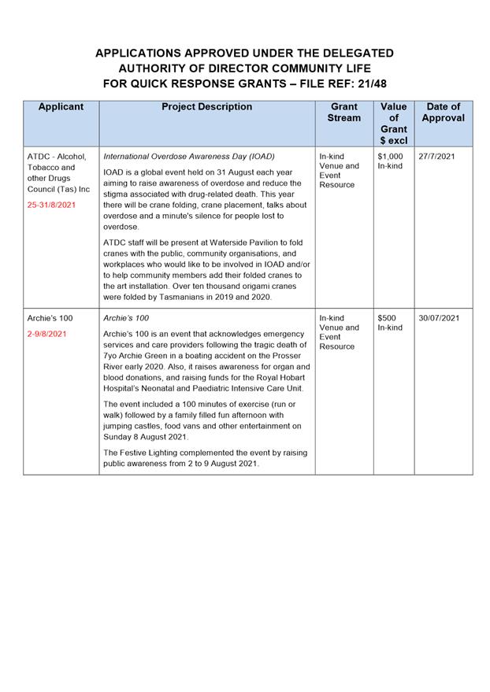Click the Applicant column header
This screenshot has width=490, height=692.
(61, 107)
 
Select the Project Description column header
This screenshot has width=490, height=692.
(206, 107)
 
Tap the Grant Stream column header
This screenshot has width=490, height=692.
(343, 112)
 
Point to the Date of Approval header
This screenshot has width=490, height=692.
(443, 112)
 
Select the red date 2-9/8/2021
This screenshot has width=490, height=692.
(46, 333)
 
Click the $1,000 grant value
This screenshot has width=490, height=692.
(390, 156)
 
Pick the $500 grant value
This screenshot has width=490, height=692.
(387, 318)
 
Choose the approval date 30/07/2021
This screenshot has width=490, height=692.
(439, 318)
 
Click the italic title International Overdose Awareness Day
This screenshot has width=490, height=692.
(189, 156)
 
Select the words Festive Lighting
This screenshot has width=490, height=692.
(150, 453)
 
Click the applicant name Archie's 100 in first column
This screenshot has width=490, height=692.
(50, 318)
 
